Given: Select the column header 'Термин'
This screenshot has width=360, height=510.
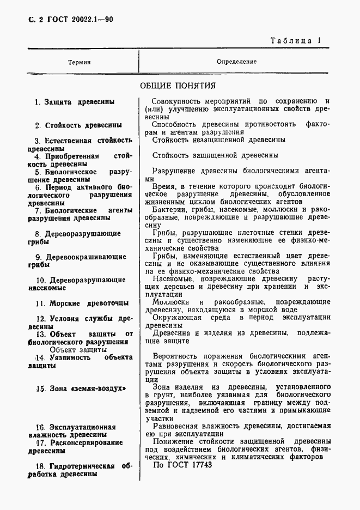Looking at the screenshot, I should (x=80, y=62).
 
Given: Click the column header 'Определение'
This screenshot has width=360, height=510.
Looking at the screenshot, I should (x=236, y=62).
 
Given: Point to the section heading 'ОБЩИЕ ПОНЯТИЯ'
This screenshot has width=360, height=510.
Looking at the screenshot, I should (x=178, y=85).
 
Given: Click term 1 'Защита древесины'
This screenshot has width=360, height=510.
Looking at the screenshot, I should (x=78, y=102).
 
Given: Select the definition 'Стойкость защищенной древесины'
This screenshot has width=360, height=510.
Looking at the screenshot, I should (x=215, y=155).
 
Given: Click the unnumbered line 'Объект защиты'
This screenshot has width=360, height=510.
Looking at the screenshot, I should (x=77, y=349).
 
